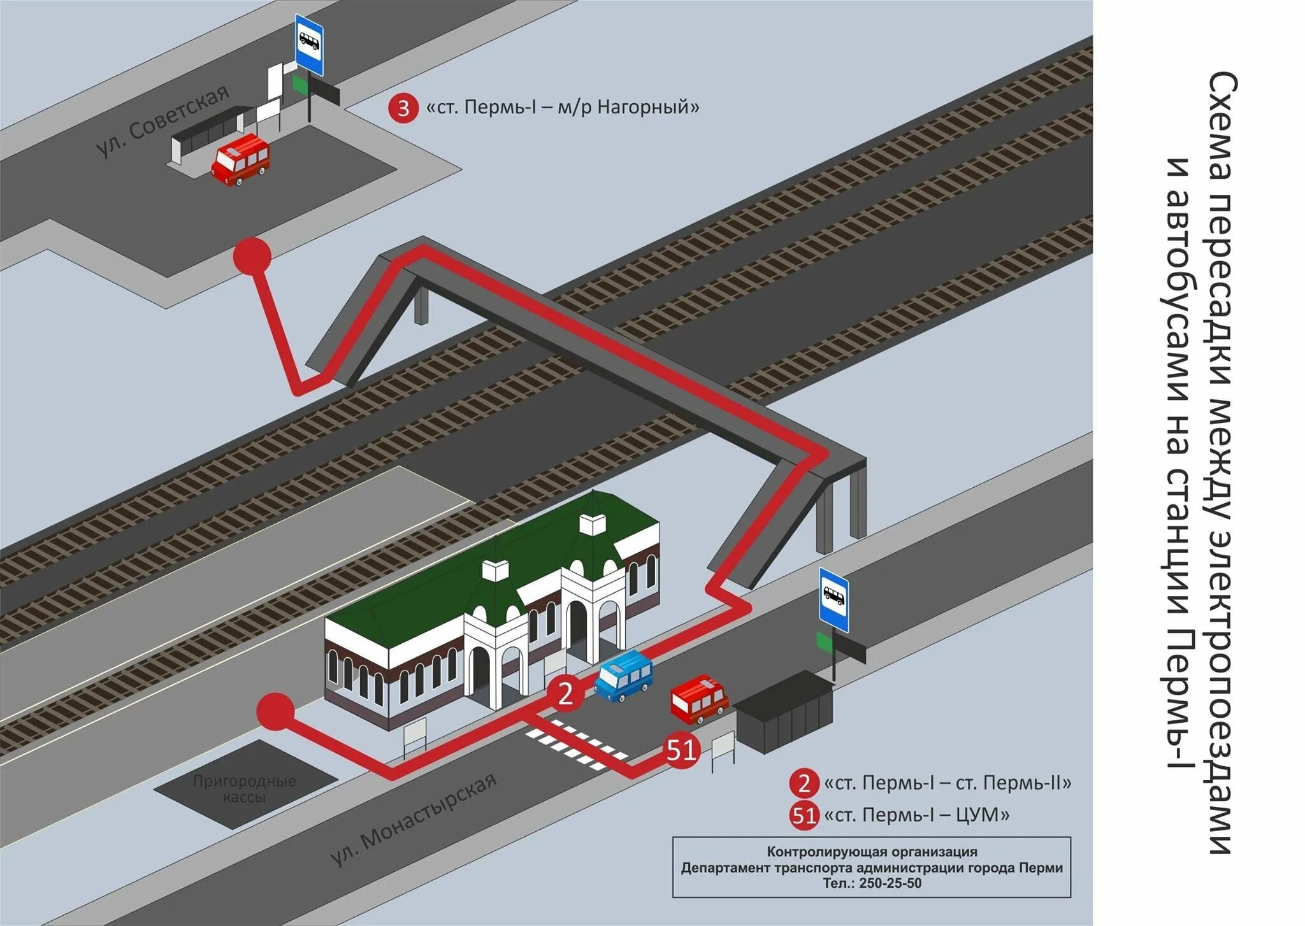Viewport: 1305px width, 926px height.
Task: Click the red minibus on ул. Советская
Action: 240,159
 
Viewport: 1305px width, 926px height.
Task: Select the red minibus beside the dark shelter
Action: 699,699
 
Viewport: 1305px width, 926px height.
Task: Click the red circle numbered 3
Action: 403,108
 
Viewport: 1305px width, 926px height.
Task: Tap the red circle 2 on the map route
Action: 565,694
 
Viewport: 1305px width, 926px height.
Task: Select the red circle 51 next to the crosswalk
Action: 681,751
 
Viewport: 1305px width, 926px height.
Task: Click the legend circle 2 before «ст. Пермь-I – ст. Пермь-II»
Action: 804,783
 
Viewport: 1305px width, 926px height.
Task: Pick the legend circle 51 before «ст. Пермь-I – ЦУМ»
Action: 804,815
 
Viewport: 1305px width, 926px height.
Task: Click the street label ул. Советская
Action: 162,121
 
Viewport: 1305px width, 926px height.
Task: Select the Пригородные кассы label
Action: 245,788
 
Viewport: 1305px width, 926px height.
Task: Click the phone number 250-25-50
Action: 890,883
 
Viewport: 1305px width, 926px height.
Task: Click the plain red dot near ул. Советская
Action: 252,256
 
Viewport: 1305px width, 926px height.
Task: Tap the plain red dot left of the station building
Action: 275,711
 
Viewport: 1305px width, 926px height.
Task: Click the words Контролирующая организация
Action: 872,851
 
